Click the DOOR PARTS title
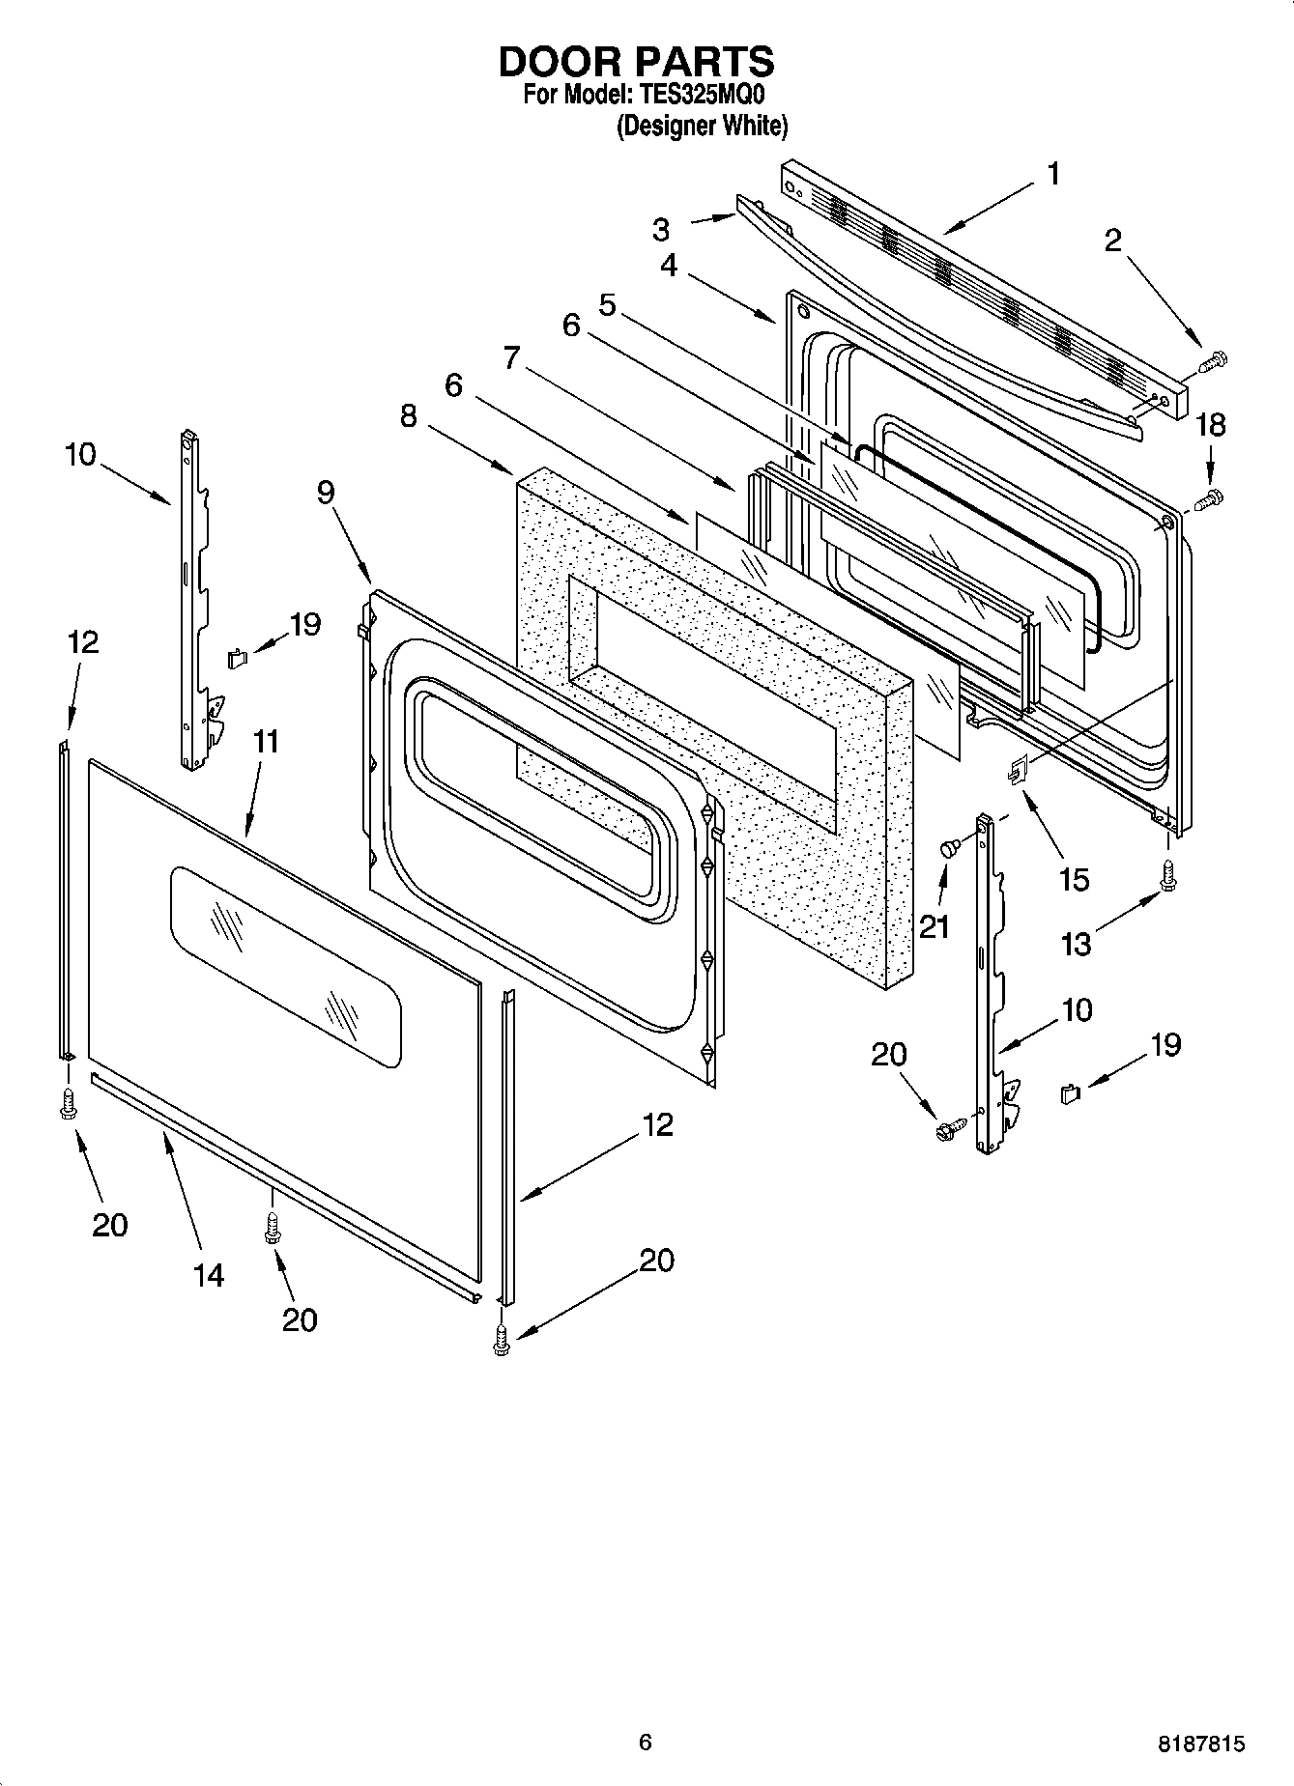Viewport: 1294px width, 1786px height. tap(636, 62)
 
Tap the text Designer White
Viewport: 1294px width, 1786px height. tap(703, 126)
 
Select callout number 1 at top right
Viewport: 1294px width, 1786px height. tap(1053, 175)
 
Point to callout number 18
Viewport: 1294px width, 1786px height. tap(1210, 424)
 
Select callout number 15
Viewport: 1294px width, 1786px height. tap(1073, 879)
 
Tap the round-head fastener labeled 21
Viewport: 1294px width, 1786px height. tap(949, 848)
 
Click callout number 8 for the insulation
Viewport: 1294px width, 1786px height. tap(409, 417)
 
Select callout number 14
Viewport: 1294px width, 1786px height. tap(208, 1276)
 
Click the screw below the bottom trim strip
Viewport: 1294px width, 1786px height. tap(273, 1229)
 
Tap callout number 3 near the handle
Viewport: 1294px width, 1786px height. tap(661, 230)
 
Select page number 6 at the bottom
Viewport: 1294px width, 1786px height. tap(646, 1742)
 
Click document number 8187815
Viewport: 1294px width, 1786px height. tap(1201, 1744)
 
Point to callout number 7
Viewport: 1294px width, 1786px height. tap(512, 358)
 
